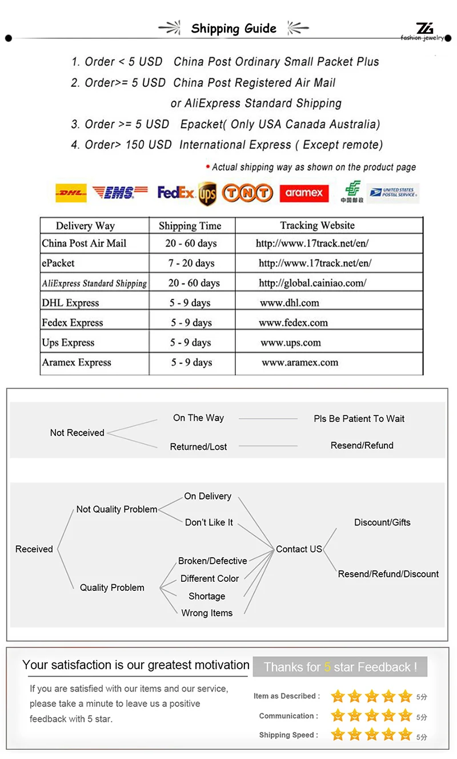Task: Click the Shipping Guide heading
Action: pos(234,29)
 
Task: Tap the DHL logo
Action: pos(71,193)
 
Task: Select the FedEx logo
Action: pos(176,193)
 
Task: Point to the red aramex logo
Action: pos(304,193)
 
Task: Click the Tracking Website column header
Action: pos(317,225)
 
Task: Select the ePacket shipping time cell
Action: pos(191,263)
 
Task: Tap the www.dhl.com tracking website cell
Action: pos(289,303)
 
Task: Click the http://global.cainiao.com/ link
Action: pos(312,283)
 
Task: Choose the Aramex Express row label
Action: pos(77,362)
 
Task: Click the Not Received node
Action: pos(77,433)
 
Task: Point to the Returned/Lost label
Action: pos(198,447)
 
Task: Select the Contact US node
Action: pos(299,549)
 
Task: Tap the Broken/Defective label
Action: pos(213,561)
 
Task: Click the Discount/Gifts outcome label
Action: pos(382,522)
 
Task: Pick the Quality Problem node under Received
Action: pos(112,588)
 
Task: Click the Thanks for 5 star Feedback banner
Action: pos(340,667)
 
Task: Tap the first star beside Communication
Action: pos(338,716)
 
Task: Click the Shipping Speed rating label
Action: pos(288,735)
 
